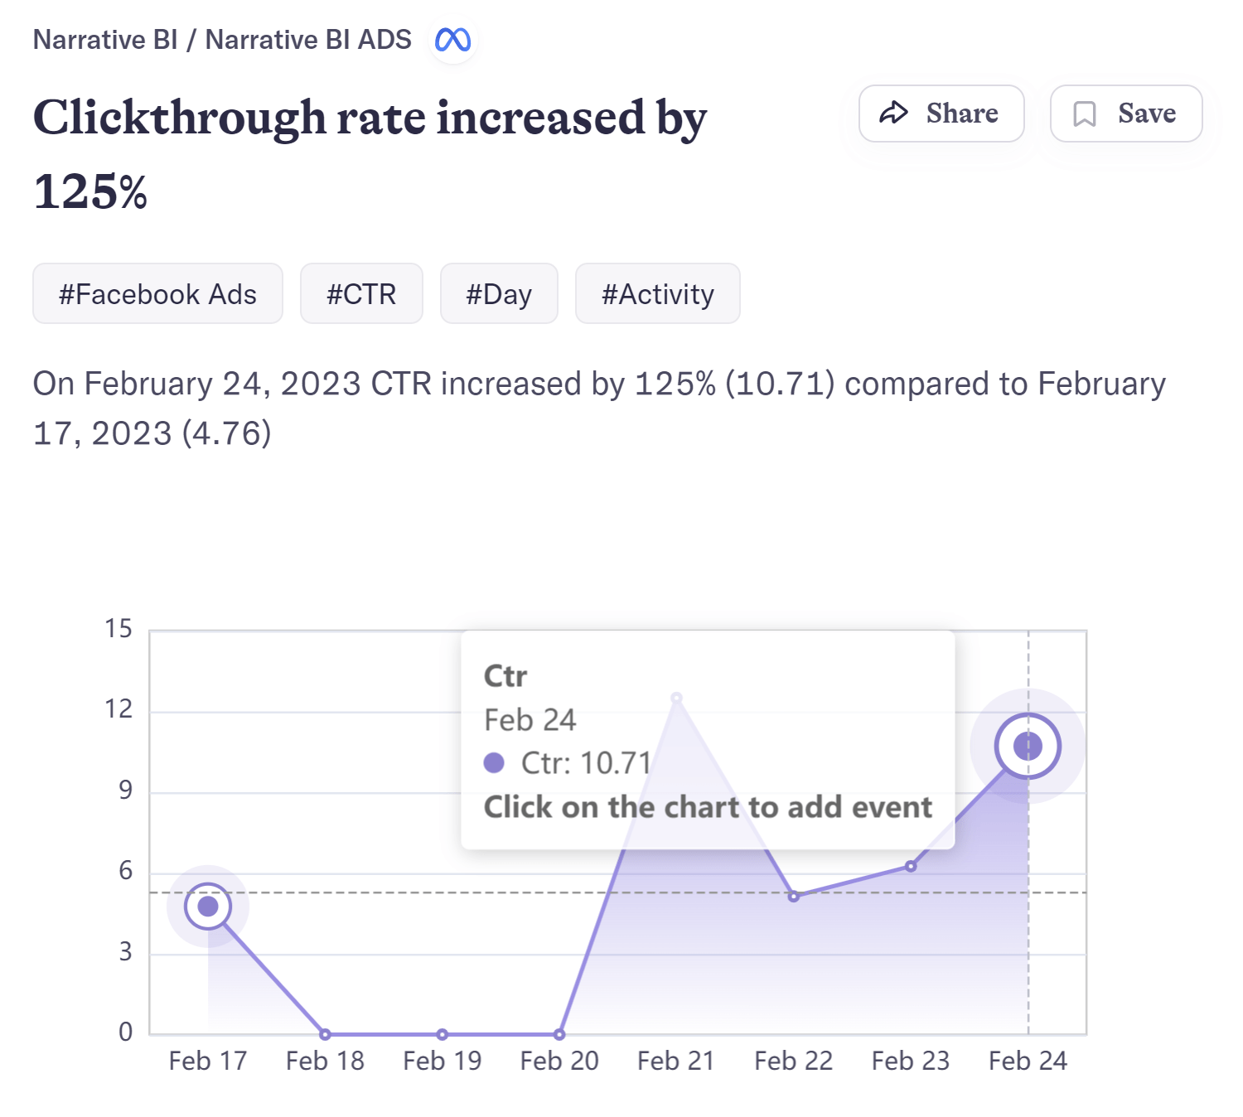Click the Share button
click(x=941, y=114)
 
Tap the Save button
click(x=1125, y=114)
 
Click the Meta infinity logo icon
click(x=453, y=40)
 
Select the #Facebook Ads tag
click(x=157, y=294)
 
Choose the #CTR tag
click(x=361, y=294)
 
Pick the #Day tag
click(x=499, y=294)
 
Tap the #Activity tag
click(x=657, y=294)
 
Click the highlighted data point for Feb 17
click(x=208, y=907)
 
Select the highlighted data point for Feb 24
click(x=1028, y=746)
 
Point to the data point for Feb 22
click(x=794, y=897)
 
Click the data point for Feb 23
click(x=911, y=866)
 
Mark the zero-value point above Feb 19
click(x=443, y=1034)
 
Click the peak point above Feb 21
click(x=676, y=698)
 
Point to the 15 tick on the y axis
click(x=118, y=629)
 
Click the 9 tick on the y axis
click(x=125, y=791)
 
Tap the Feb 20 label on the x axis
click(x=559, y=1061)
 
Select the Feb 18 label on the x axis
click(x=325, y=1061)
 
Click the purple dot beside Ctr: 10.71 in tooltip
click(x=494, y=762)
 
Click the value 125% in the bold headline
click(x=90, y=192)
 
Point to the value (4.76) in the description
click(x=226, y=433)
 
